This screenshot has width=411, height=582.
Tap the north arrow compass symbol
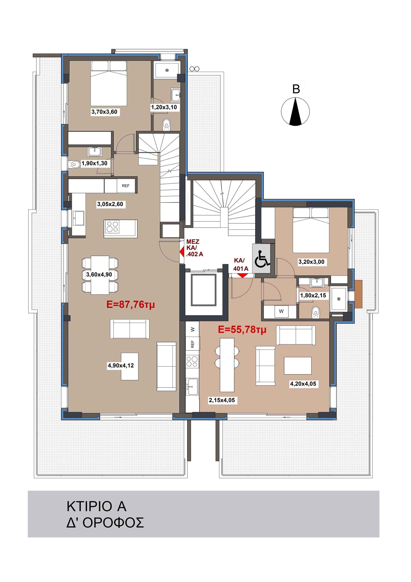(x=295, y=112)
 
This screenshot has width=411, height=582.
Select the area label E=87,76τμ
(x=130, y=304)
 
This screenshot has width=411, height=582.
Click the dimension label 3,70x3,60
(x=104, y=112)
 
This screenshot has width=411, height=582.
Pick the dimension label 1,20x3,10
(x=164, y=108)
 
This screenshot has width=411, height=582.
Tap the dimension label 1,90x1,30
(x=94, y=163)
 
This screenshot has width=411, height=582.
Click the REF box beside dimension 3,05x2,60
(x=126, y=186)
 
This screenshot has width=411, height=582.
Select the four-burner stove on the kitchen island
(x=112, y=226)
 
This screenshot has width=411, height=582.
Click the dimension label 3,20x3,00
(x=311, y=262)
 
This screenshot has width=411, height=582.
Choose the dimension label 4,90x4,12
(x=121, y=366)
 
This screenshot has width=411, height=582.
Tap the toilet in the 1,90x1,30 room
(x=74, y=165)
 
